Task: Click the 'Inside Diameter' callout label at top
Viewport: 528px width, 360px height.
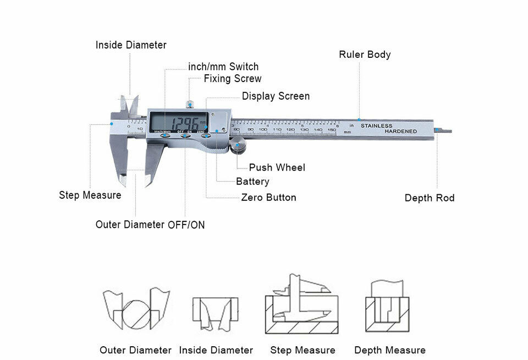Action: (x=131, y=45)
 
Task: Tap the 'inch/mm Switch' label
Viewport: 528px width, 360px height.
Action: (x=223, y=67)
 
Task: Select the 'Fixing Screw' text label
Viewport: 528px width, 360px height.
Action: (x=233, y=79)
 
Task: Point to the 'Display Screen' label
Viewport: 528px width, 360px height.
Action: (x=276, y=96)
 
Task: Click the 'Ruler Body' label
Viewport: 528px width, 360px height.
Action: (x=365, y=54)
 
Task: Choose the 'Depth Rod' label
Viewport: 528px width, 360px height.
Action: (x=430, y=198)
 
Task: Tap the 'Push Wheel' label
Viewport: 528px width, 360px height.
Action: (x=277, y=167)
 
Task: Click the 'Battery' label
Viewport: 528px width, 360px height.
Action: (x=252, y=182)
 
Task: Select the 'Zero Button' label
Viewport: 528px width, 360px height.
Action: (x=268, y=198)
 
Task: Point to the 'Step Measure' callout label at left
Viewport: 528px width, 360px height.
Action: (x=90, y=195)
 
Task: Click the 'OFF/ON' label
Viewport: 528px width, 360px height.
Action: (x=186, y=225)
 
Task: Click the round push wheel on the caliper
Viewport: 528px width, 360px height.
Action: (x=238, y=146)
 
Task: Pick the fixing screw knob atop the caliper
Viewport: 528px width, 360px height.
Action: (x=190, y=103)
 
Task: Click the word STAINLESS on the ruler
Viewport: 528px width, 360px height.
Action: (x=377, y=126)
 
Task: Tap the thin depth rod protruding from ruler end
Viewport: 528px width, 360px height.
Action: (x=443, y=131)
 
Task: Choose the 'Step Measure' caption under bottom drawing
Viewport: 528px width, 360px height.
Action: (x=302, y=350)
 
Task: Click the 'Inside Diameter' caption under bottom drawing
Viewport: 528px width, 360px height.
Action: (x=216, y=350)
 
